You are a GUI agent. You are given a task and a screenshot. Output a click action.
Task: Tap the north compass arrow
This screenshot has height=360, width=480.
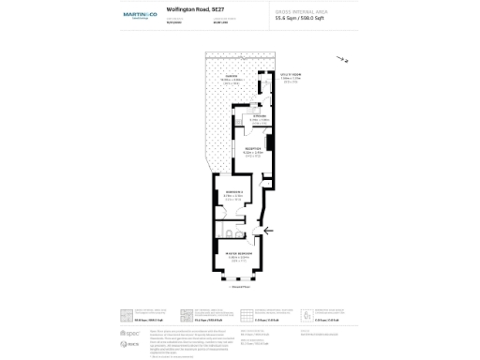(342, 61)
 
